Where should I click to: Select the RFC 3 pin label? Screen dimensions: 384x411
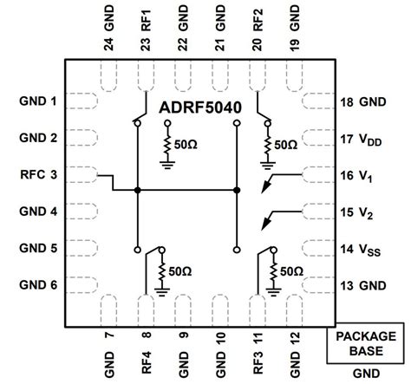(x=40, y=175)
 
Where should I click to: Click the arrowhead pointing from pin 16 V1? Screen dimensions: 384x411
(x=269, y=183)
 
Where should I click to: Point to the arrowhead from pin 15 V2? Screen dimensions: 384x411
(x=269, y=220)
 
